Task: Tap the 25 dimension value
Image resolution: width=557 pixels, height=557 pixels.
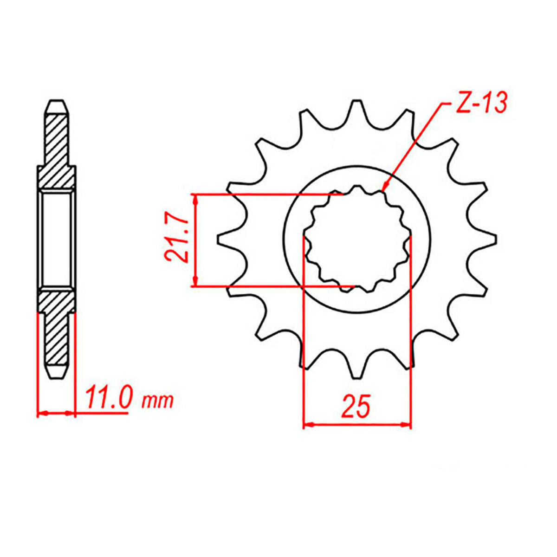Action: point(356,406)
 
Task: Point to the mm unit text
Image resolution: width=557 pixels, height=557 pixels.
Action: point(157,400)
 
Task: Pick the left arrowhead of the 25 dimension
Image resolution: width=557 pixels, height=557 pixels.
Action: point(308,424)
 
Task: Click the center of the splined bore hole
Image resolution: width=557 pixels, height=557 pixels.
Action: point(357,239)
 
